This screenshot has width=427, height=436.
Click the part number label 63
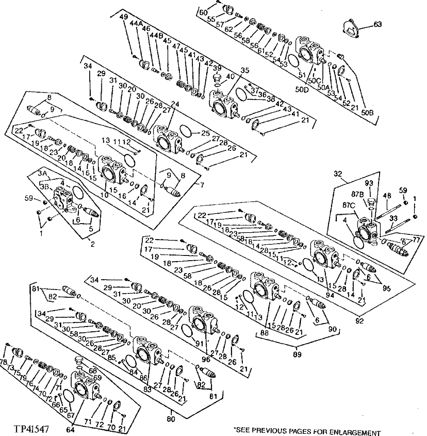pos(378,25)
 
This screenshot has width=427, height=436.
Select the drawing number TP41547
pos(31,429)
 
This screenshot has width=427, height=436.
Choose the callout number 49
pos(124,17)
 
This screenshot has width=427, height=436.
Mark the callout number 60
pos(202,13)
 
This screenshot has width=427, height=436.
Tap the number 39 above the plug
pos(217,69)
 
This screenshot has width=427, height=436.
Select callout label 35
pos(245,70)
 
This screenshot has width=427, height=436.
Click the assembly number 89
pos(297,354)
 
